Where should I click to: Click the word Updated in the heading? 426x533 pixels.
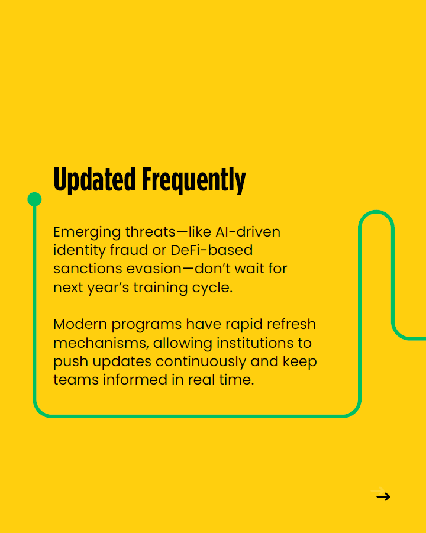[x=95, y=179]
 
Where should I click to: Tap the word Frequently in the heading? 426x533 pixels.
[x=193, y=180]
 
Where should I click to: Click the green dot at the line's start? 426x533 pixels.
[x=34, y=199]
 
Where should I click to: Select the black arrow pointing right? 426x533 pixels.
[x=383, y=497]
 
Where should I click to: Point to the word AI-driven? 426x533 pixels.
[x=248, y=232]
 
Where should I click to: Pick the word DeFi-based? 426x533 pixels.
[x=211, y=250]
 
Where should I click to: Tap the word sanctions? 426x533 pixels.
[x=88, y=269]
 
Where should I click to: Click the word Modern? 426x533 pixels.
[x=80, y=324]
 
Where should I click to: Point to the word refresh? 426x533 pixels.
[x=291, y=324]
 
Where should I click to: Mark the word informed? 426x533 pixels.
[x=135, y=380]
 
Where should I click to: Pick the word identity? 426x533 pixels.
[x=79, y=251]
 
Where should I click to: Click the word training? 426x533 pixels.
[x=160, y=288]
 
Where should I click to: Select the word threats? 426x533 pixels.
[x=150, y=232]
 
